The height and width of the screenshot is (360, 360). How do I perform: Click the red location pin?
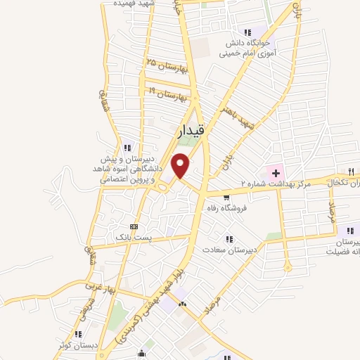(x=181, y=165)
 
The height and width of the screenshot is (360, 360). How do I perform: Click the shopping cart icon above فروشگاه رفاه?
(x=225, y=198)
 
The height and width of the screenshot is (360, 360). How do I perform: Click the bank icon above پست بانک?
(x=134, y=226)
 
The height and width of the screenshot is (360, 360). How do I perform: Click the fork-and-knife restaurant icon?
(x=349, y=171)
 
